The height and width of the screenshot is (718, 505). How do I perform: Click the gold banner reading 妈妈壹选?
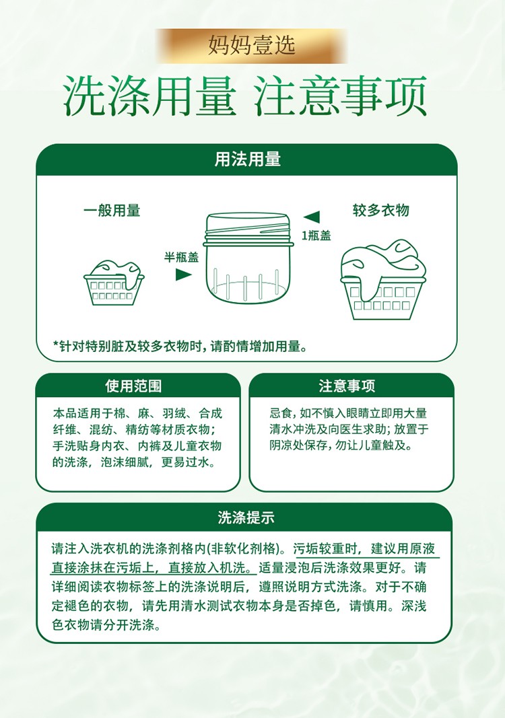(251, 46)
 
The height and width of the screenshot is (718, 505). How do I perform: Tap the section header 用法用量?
(248, 159)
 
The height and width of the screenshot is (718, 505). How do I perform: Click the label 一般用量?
(112, 211)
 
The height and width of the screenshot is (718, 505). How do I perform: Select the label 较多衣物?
(381, 210)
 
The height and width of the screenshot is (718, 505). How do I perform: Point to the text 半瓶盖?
(182, 257)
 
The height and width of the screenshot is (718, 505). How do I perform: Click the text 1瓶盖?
(316, 236)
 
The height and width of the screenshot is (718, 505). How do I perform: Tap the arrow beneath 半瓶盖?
(184, 275)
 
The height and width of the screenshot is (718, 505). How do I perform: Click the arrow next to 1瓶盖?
(312, 217)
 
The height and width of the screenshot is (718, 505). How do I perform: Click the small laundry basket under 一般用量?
(114, 283)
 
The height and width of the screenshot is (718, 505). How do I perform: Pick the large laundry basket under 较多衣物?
(382, 279)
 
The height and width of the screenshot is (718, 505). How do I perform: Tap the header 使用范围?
(133, 386)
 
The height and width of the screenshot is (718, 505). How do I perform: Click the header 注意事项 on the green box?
(347, 386)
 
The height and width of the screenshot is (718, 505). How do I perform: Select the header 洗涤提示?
(246, 517)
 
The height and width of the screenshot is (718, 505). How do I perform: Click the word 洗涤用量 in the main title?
(150, 96)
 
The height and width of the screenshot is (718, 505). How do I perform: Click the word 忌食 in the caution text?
(281, 413)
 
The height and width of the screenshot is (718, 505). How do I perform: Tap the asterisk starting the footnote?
(56, 344)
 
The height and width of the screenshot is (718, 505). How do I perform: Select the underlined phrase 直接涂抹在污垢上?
(102, 568)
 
